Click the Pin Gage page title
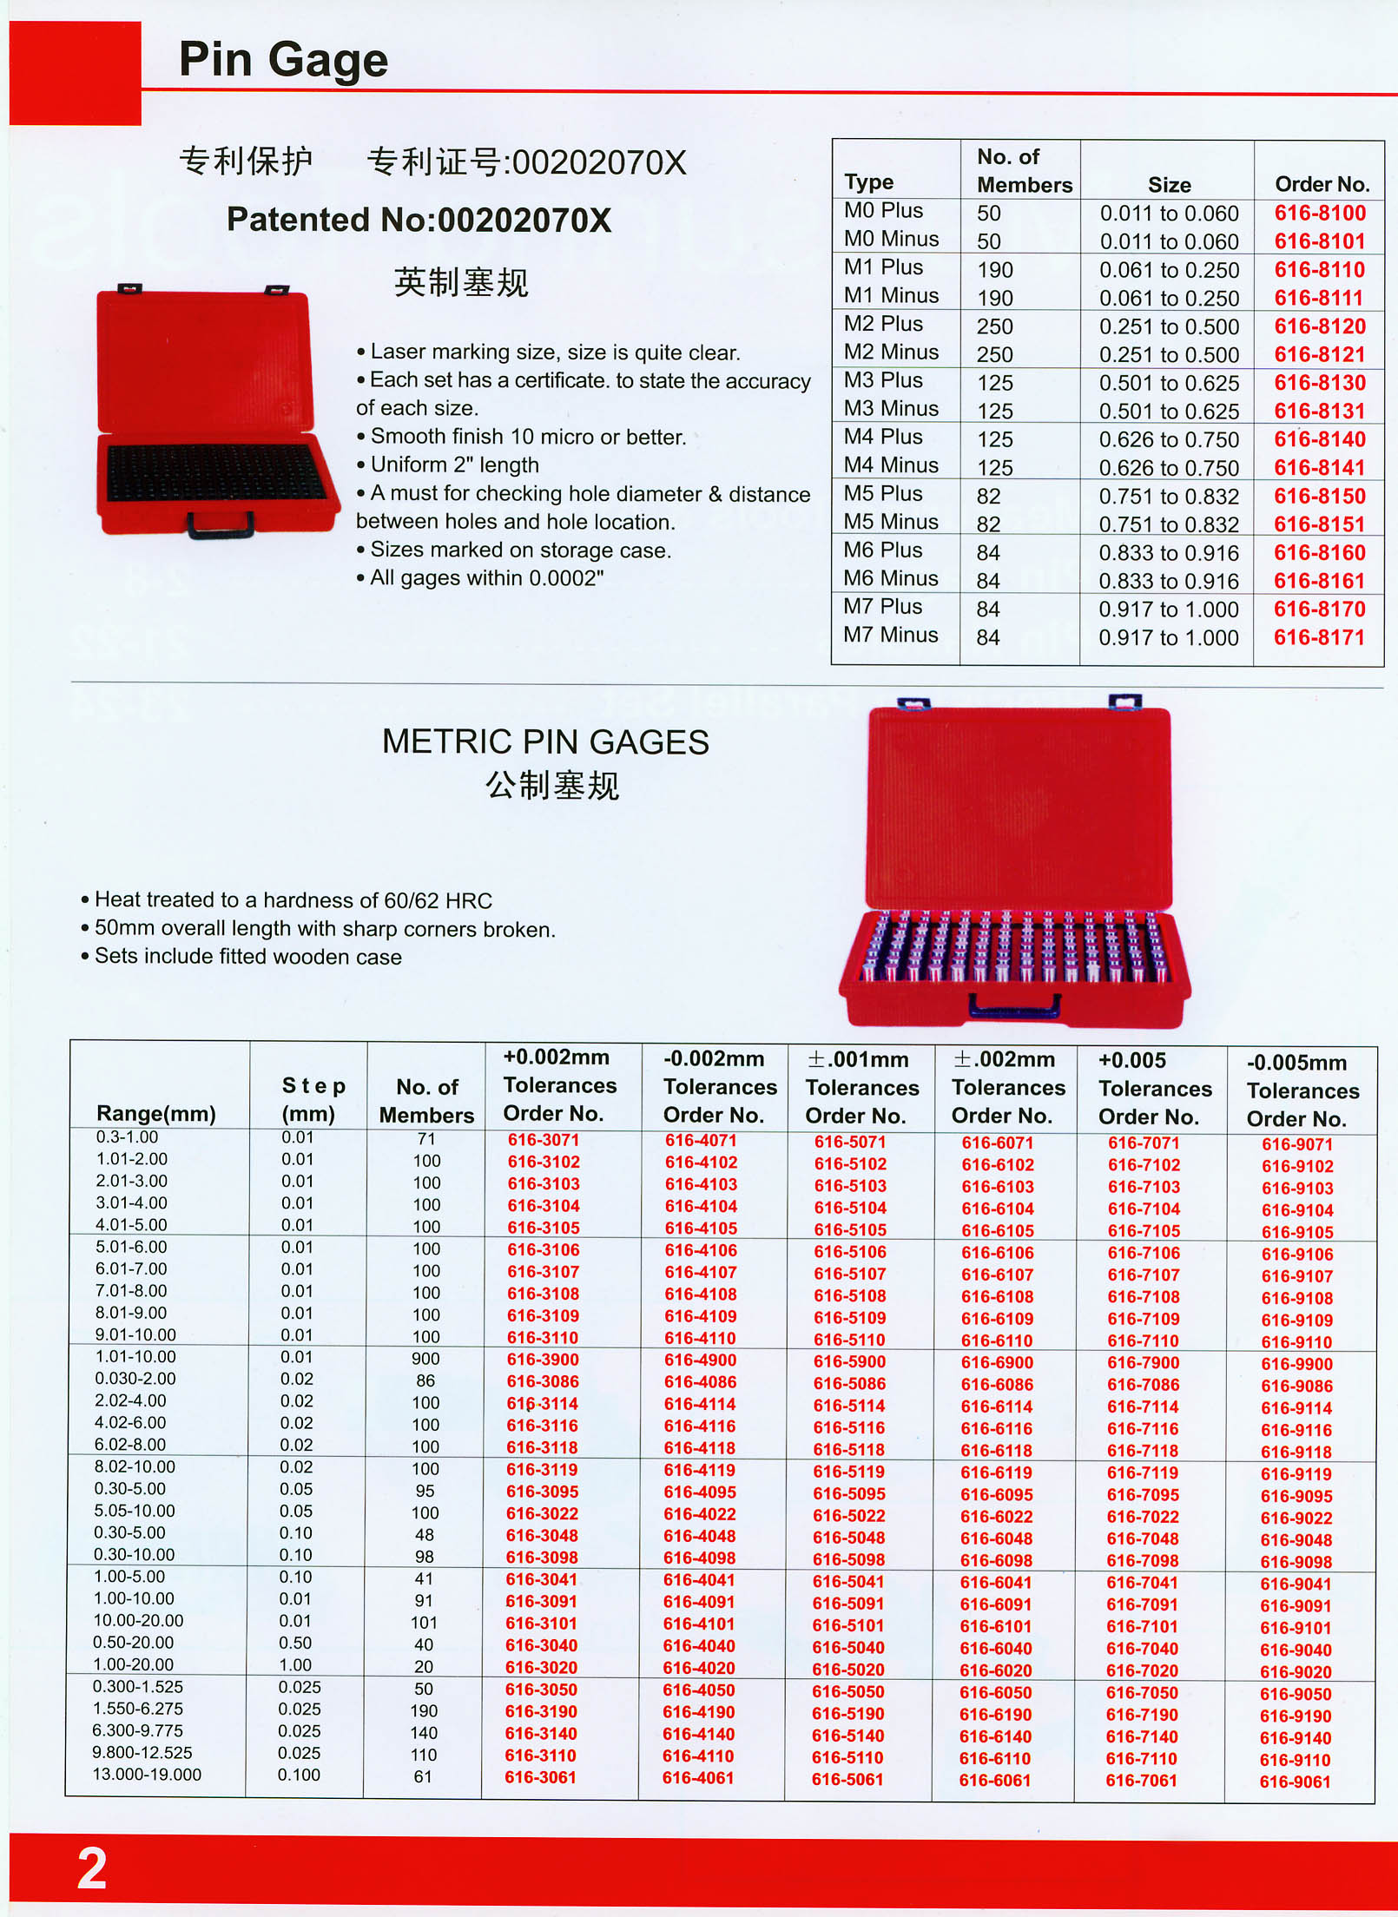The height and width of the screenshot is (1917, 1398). tap(283, 60)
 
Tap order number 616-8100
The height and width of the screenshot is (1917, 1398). tap(1320, 214)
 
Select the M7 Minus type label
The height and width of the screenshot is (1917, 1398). tap(890, 636)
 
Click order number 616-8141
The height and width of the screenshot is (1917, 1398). tap(1319, 468)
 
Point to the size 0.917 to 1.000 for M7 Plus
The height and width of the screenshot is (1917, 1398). tap(1168, 609)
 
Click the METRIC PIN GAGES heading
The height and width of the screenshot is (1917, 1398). tap(545, 742)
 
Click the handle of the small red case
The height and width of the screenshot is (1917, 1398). tap(221, 524)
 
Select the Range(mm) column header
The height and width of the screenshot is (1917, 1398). tap(156, 1113)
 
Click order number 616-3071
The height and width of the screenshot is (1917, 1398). tap(544, 1140)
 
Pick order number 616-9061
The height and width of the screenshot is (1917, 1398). tap(1295, 1782)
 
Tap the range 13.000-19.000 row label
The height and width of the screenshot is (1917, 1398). tap(147, 1775)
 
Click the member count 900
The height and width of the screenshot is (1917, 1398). tap(425, 1359)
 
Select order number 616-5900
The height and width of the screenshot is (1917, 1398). tap(849, 1361)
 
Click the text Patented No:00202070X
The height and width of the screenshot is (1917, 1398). tap(419, 220)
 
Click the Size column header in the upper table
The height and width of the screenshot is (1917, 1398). tap(1169, 185)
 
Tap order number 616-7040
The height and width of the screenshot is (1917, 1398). tap(1143, 1648)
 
